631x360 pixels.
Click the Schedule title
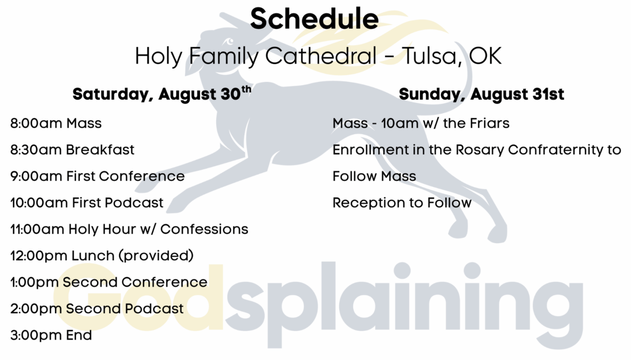pyautogui.click(x=315, y=19)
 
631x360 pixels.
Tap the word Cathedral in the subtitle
pyautogui.click(x=321, y=56)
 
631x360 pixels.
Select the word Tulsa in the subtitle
pyautogui.click(x=432, y=56)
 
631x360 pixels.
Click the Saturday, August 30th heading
pyautogui.click(x=162, y=93)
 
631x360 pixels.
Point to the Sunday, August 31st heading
pyautogui.click(x=481, y=94)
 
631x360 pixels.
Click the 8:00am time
pyautogui.click(x=36, y=123)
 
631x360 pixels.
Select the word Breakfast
pyautogui.click(x=100, y=150)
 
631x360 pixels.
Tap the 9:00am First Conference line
pyautogui.click(x=98, y=176)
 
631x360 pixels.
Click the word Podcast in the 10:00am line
pyautogui.click(x=134, y=202)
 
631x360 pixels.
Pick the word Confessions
pyautogui.click(x=204, y=229)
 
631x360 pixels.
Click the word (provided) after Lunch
pyautogui.click(x=156, y=256)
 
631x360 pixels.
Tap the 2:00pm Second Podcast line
pyautogui.click(x=97, y=308)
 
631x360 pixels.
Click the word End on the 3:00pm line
pyautogui.click(x=79, y=335)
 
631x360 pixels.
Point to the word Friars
pyautogui.click(x=490, y=123)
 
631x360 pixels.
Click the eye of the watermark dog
pyautogui.click(x=229, y=42)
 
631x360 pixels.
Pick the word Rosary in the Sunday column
pyautogui.click(x=480, y=150)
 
